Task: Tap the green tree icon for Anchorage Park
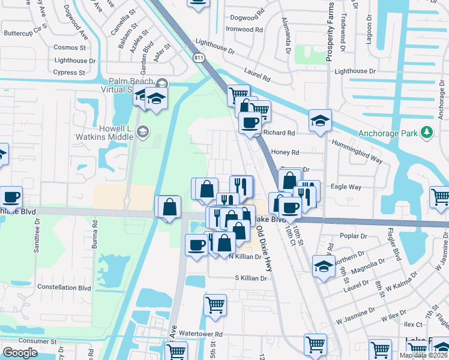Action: [427, 132]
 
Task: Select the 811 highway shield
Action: [198, 58]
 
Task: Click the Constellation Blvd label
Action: [64, 287]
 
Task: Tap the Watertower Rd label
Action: [200, 334]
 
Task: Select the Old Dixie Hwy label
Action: [263, 238]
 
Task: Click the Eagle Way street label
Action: [346, 187]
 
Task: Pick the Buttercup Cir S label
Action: [25, 28]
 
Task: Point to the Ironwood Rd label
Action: [244, 29]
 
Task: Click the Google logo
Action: [20, 353]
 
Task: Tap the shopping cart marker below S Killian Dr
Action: [215, 305]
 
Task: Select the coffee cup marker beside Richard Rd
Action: [250, 123]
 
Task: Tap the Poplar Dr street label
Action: [354, 236]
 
